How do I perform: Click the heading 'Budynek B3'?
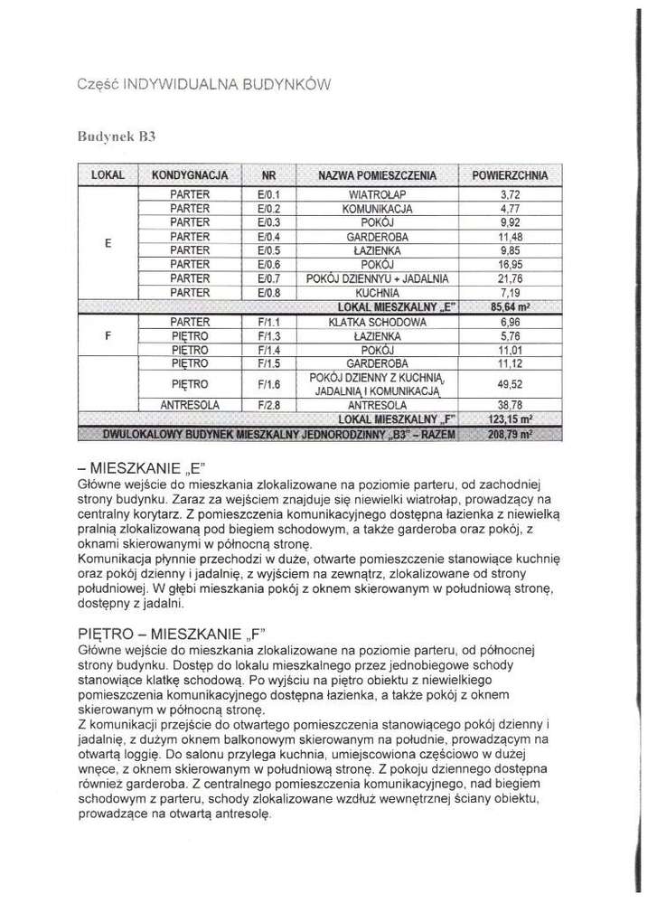(117, 136)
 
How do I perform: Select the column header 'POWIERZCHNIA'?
(512, 174)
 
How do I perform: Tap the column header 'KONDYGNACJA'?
(190, 174)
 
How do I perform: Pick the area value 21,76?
(512, 278)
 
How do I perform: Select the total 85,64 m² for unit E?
(512, 307)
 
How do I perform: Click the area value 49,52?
(512, 384)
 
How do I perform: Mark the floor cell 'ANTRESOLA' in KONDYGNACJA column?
(190, 405)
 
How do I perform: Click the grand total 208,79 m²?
(512, 434)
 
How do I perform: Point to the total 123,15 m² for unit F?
(512, 419)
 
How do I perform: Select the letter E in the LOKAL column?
(108, 243)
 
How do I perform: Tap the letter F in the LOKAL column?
(108, 335)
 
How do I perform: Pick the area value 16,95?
(512, 265)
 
